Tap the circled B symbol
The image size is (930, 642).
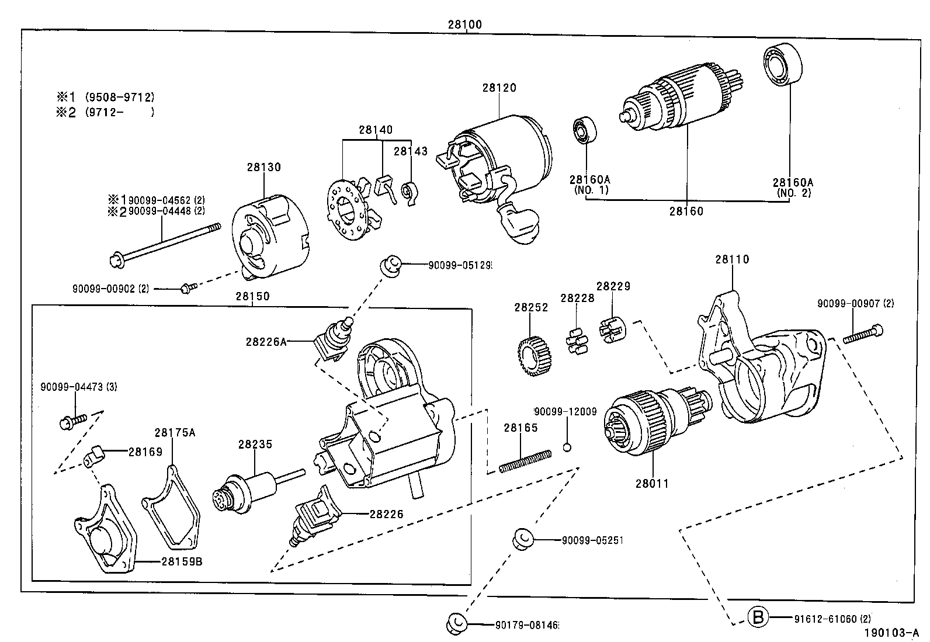[x=758, y=617]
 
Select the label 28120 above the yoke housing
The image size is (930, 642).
[x=499, y=88]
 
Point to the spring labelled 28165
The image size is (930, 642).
[x=525, y=460]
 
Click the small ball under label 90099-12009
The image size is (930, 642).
[x=566, y=447]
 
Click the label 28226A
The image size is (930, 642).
[x=266, y=342]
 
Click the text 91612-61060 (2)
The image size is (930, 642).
[x=832, y=618]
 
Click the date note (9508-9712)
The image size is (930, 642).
[x=120, y=97]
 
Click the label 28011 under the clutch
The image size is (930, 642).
[x=652, y=483]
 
